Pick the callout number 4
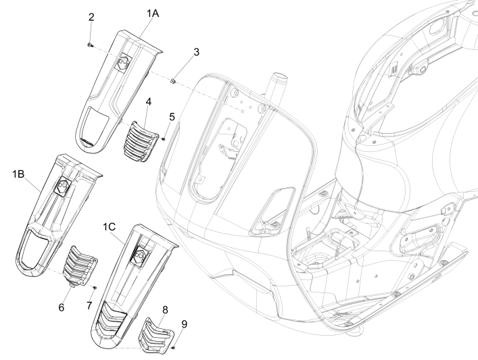pos(148,101)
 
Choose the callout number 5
pos(172,116)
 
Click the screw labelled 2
pos(91,45)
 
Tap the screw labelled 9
pos(175,347)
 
